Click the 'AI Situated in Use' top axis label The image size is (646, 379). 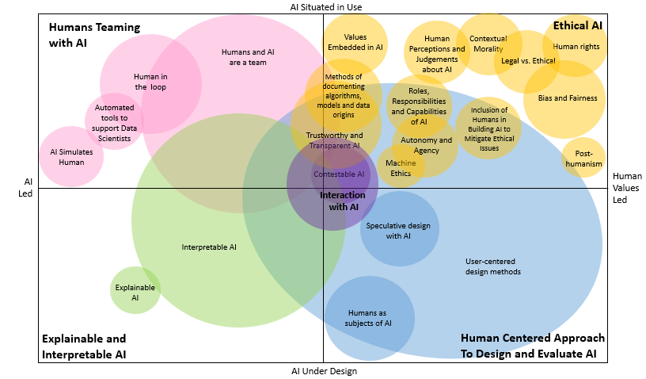pos(326,7)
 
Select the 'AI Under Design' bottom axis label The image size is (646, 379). pos(325,371)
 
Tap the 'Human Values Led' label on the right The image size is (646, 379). pos(627,188)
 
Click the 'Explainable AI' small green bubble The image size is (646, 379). pos(135,291)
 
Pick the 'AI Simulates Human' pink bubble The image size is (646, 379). pos(71,156)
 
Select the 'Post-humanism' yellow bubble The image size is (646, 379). pos(584,159)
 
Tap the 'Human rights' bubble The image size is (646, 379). pos(576,47)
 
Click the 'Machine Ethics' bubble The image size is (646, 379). pos(401,167)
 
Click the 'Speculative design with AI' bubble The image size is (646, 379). pos(398,231)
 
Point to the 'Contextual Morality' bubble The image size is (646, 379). pos(488,44)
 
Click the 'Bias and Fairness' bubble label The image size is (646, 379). pos(567,98)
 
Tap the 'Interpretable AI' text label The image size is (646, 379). pos(209,247)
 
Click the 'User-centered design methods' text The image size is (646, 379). pos(492,266)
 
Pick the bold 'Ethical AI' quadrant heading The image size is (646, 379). pos(577,25)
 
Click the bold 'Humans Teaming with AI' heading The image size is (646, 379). pos(94,35)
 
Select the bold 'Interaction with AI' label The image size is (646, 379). pos(343,201)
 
